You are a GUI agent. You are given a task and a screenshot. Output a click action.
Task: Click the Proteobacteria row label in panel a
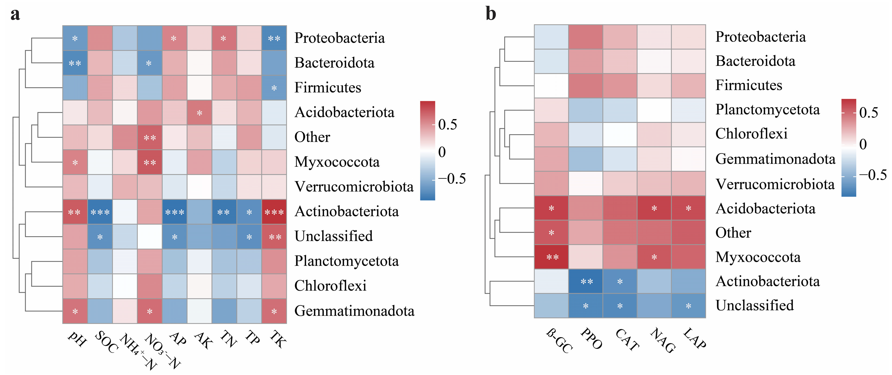click(339, 38)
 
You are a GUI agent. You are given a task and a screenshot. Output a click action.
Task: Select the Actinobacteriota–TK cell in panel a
click(274, 212)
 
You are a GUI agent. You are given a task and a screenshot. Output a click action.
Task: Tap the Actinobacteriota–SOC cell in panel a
click(100, 212)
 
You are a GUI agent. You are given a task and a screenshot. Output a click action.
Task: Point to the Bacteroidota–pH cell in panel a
click(75, 63)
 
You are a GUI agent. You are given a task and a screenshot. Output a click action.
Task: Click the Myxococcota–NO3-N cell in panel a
click(150, 162)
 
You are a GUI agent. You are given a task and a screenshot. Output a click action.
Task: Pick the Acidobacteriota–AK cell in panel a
click(199, 113)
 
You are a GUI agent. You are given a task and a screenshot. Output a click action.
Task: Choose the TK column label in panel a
click(278, 339)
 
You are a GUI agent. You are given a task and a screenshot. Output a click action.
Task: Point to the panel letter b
click(491, 14)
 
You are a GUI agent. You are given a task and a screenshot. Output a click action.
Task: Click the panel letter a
click(15, 15)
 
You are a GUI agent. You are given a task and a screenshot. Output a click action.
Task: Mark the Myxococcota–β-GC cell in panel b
click(551, 257)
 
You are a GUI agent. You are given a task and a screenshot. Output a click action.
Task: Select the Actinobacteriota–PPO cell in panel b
click(586, 281)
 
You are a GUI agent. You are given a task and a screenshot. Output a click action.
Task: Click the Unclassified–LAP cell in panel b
click(688, 306)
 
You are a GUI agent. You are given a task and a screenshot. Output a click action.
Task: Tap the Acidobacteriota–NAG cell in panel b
click(654, 208)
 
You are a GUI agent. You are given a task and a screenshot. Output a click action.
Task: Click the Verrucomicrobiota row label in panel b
click(775, 184)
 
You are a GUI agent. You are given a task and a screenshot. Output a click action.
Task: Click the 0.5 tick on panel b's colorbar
click(868, 113)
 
